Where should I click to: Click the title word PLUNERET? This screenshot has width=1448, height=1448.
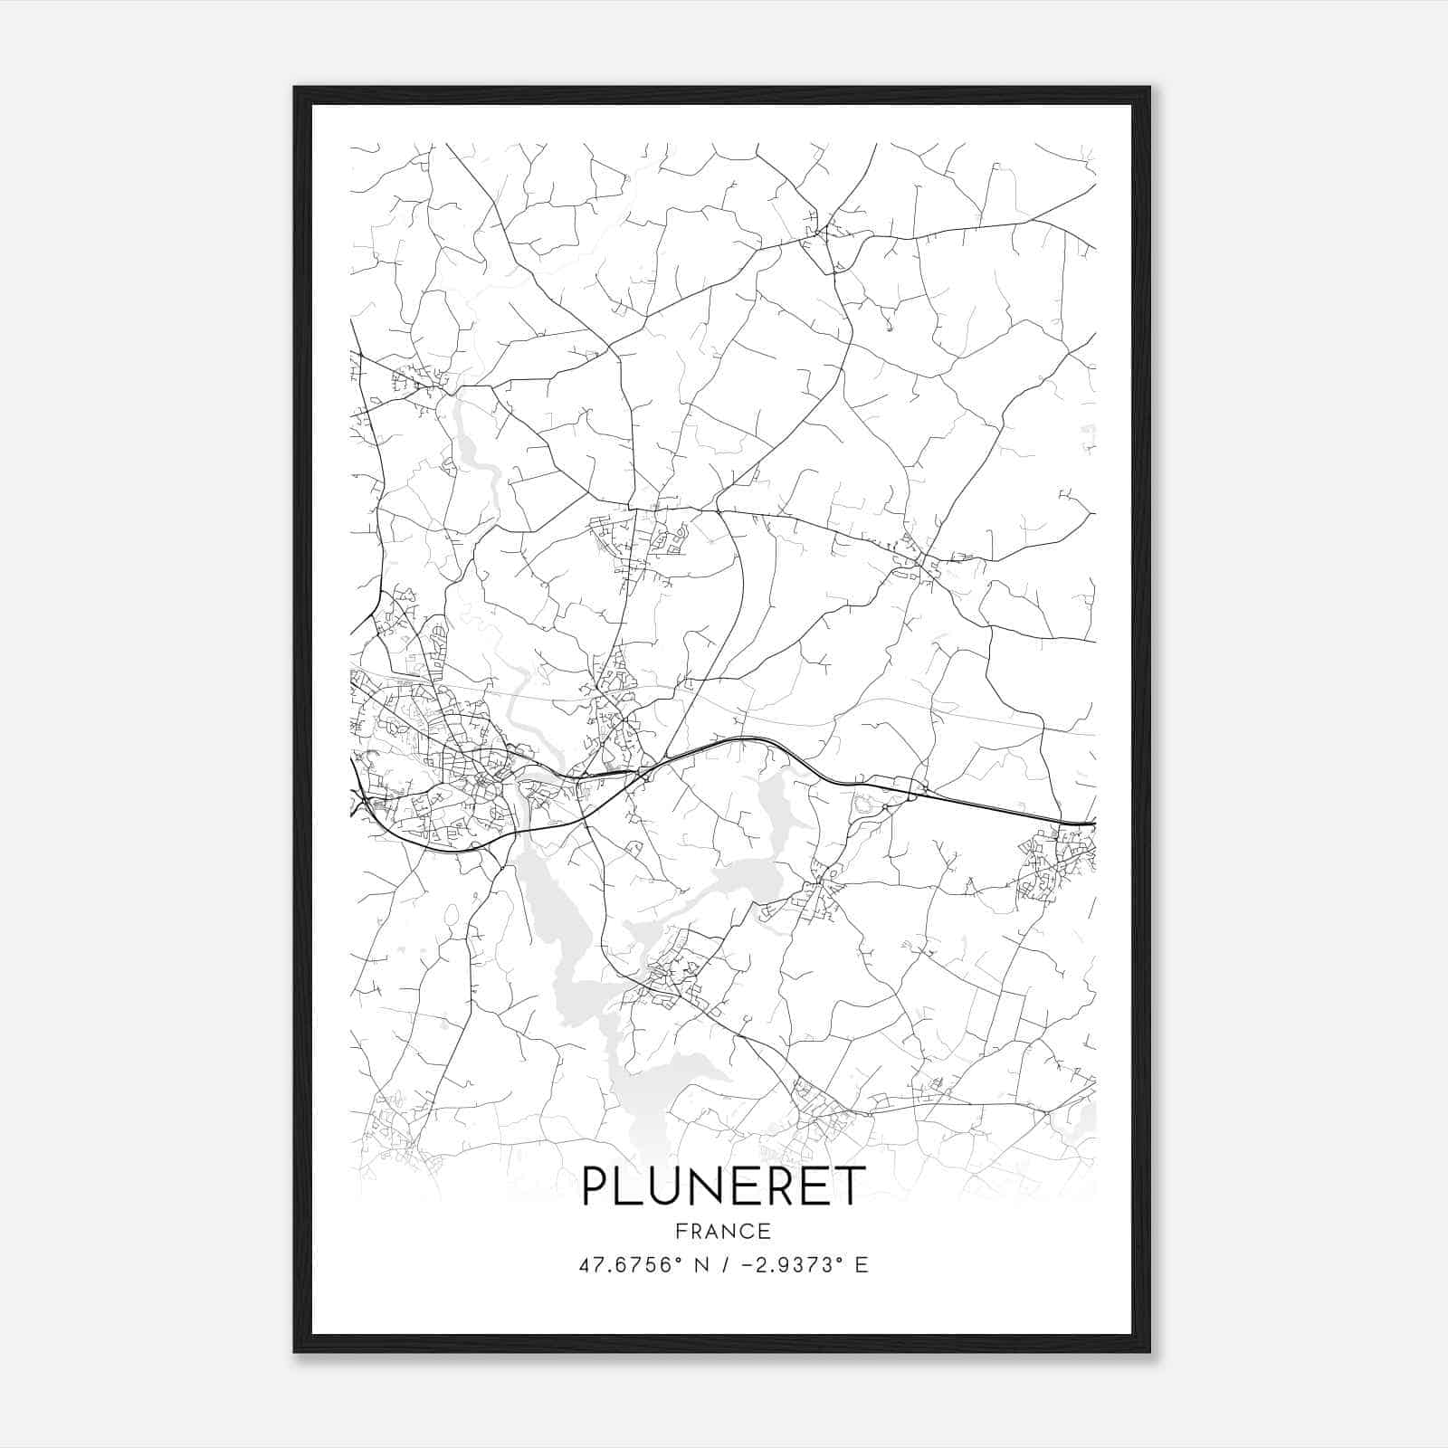pos(723,1186)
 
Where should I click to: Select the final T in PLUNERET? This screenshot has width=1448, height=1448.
pos(852,1186)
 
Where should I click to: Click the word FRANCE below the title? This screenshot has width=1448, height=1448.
pos(723,1231)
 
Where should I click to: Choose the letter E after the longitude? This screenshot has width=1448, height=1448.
pos(862,1265)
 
